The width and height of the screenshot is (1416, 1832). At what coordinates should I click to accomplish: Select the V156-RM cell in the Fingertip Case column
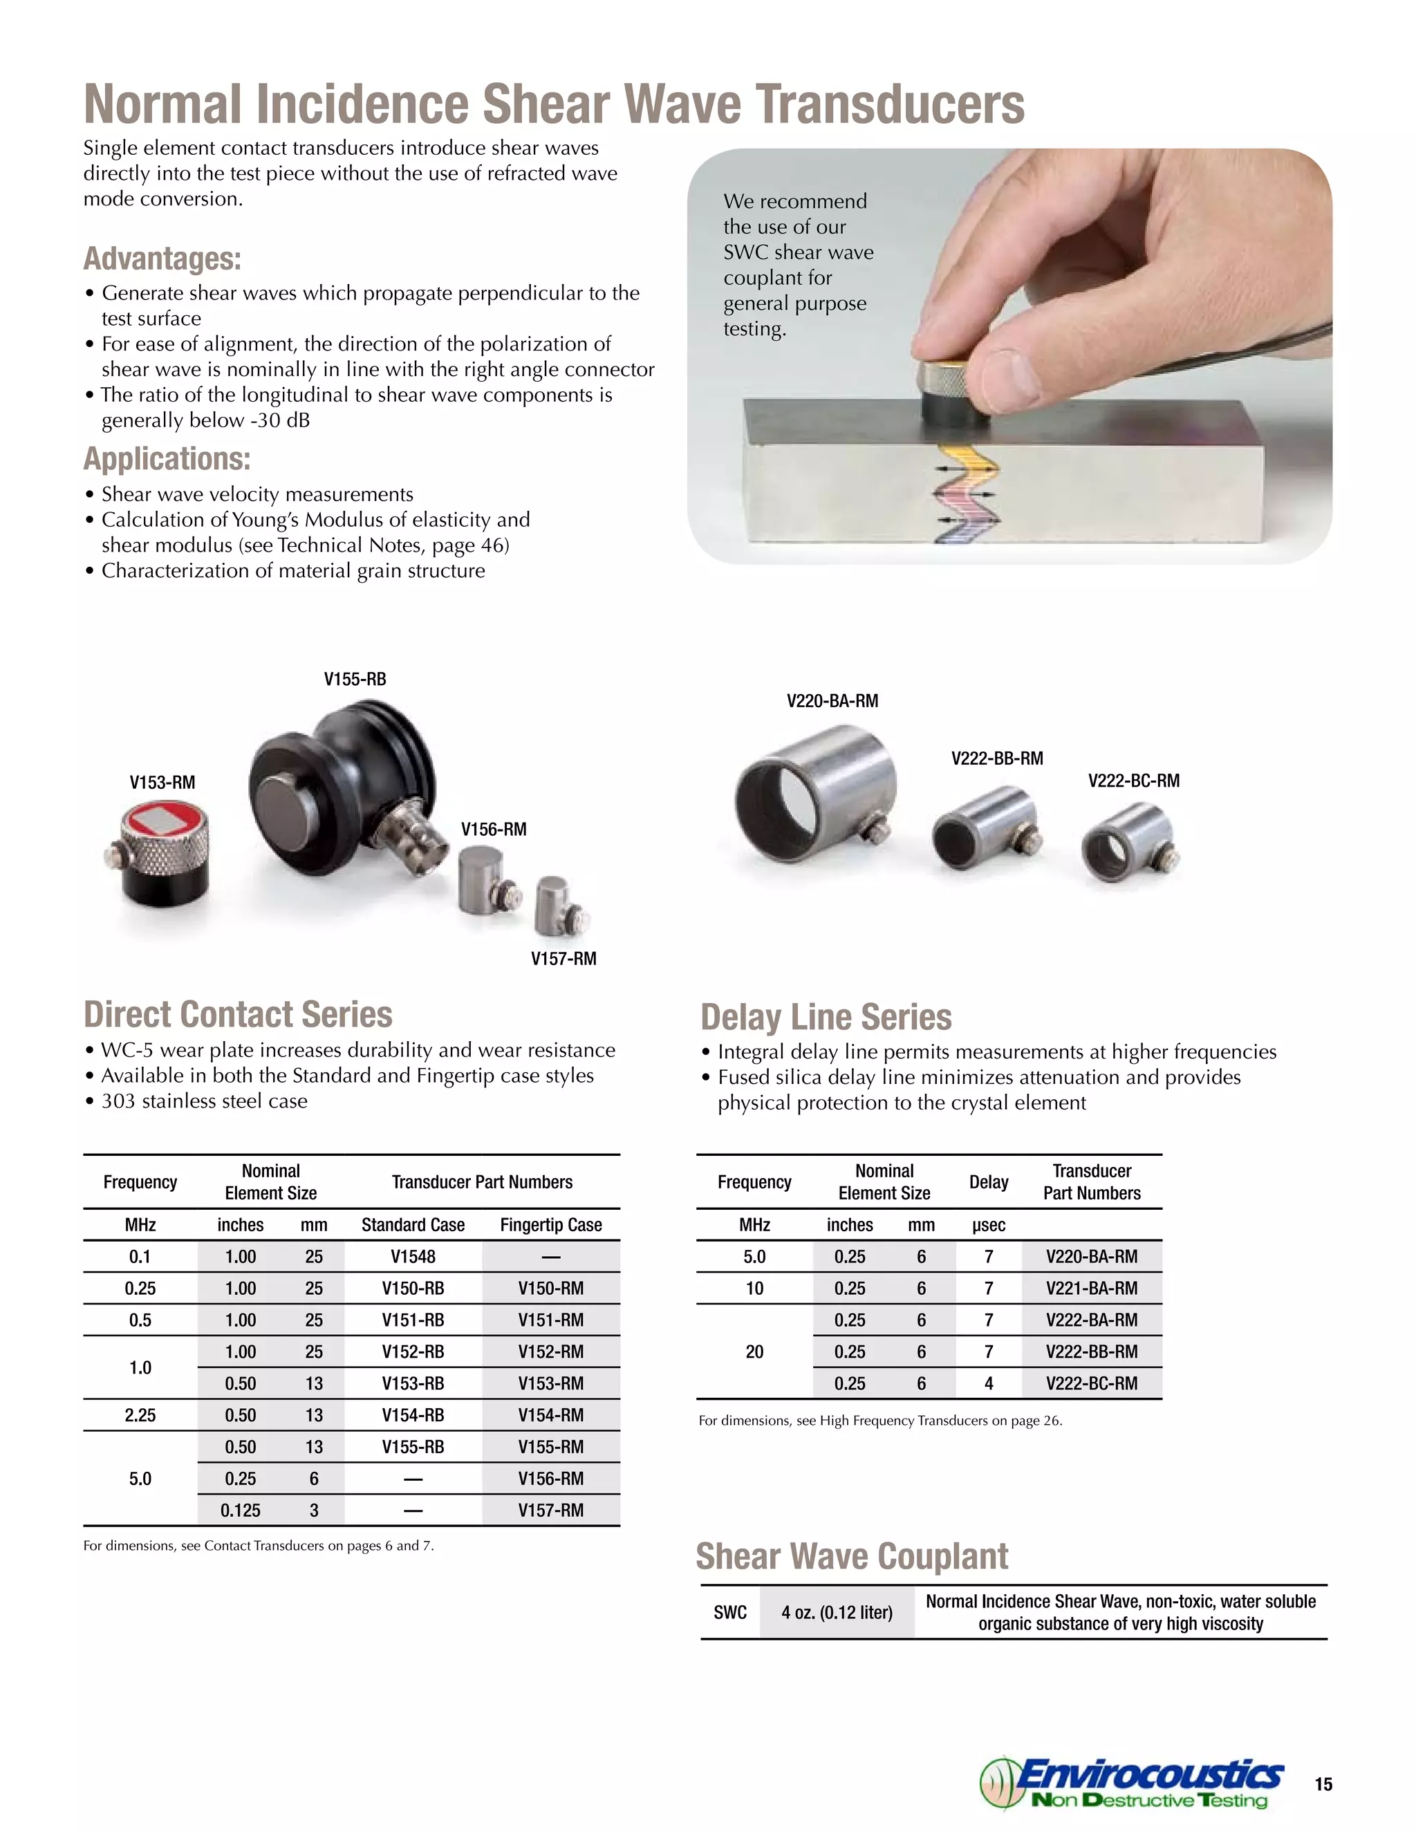[x=550, y=1479]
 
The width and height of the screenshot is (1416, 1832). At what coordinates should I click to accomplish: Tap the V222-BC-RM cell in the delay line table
[x=1091, y=1383]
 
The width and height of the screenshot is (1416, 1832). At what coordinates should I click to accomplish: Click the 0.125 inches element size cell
[x=240, y=1511]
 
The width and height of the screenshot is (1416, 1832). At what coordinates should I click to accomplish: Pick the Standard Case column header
[x=413, y=1225]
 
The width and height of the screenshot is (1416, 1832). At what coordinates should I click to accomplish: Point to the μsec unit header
[x=988, y=1225]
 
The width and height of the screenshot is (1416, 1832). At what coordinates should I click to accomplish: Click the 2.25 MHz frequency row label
[x=140, y=1415]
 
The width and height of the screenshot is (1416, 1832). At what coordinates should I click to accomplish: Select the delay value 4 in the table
[x=988, y=1383]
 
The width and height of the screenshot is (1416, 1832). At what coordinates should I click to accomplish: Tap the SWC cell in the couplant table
[x=730, y=1612]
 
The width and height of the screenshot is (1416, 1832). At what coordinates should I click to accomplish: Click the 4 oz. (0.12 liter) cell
[x=837, y=1612]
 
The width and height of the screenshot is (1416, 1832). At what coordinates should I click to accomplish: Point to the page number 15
[x=1323, y=1784]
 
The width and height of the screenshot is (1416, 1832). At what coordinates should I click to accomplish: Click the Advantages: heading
[x=162, y=259]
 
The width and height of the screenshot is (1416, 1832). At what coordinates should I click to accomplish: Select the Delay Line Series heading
[x=826, y=1018]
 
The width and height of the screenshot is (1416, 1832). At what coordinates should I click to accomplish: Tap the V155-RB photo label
[x=355, y=680]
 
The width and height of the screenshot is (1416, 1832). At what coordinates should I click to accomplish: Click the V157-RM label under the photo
[x=563, y=959]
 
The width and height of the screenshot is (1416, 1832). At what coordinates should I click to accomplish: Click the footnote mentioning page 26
[x=880, y=1421]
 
